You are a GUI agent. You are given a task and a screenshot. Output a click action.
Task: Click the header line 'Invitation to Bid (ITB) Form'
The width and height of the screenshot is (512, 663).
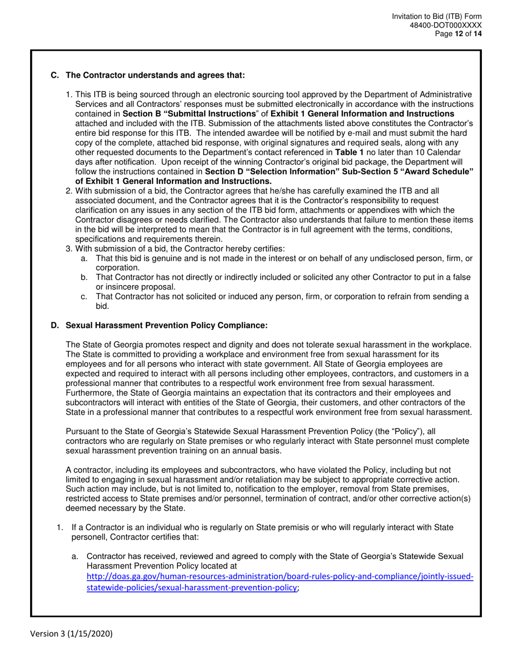point(437,17)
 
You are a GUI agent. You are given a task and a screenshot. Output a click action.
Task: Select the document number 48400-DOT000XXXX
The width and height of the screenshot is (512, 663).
point(445,25)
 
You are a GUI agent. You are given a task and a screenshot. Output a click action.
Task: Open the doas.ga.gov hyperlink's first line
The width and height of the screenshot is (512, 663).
point(280,576)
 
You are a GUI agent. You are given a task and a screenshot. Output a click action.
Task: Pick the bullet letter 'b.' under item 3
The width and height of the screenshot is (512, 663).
point(84,277)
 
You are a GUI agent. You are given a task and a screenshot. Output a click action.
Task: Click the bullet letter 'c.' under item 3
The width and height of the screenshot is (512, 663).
point(84,296)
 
